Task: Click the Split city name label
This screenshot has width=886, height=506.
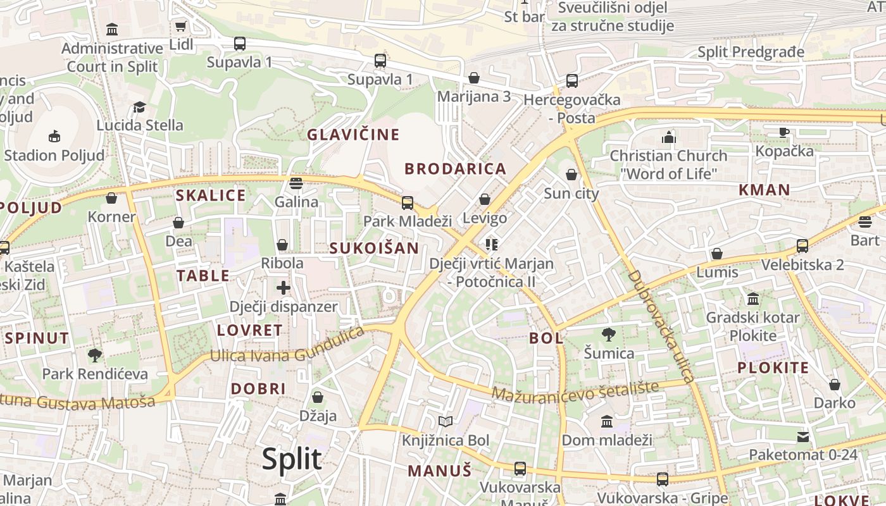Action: click(x=292, y=459)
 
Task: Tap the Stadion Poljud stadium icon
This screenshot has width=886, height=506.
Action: click(x=54, y=136)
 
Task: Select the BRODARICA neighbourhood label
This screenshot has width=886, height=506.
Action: click(x=456, y=169)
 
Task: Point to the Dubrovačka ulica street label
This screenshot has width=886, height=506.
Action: click(x=662, y=326)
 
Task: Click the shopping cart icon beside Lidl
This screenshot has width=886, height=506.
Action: click(x=180, y=26)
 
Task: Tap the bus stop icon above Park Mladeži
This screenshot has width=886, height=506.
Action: click(x=408, y=202)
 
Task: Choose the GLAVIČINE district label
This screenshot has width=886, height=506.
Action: click(x=353, y=135)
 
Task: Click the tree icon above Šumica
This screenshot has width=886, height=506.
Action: click(x=609, y=334)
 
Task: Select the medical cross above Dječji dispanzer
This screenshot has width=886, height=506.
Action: click(x=283, y=288)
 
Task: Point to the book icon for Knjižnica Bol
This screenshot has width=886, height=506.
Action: click(x=446, y=421)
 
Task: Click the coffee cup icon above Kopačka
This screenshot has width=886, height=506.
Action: click(x=784, y=132)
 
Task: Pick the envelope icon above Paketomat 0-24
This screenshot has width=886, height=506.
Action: click(x=803, y=436)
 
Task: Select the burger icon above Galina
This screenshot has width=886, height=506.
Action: click(x=296, y=183)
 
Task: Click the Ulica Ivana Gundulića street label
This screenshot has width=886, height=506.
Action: click(x=287, y=347)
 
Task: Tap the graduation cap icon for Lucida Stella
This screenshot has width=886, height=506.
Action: click(x=139, y=107)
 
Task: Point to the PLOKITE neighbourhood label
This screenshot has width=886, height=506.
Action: click(x=773, y=368)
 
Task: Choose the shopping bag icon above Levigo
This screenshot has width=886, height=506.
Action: click(x=485, y=199)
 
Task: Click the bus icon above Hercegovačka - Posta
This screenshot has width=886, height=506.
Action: click(x=572, y=80)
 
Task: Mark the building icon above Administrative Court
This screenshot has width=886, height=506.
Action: click(x=112, y=29)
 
